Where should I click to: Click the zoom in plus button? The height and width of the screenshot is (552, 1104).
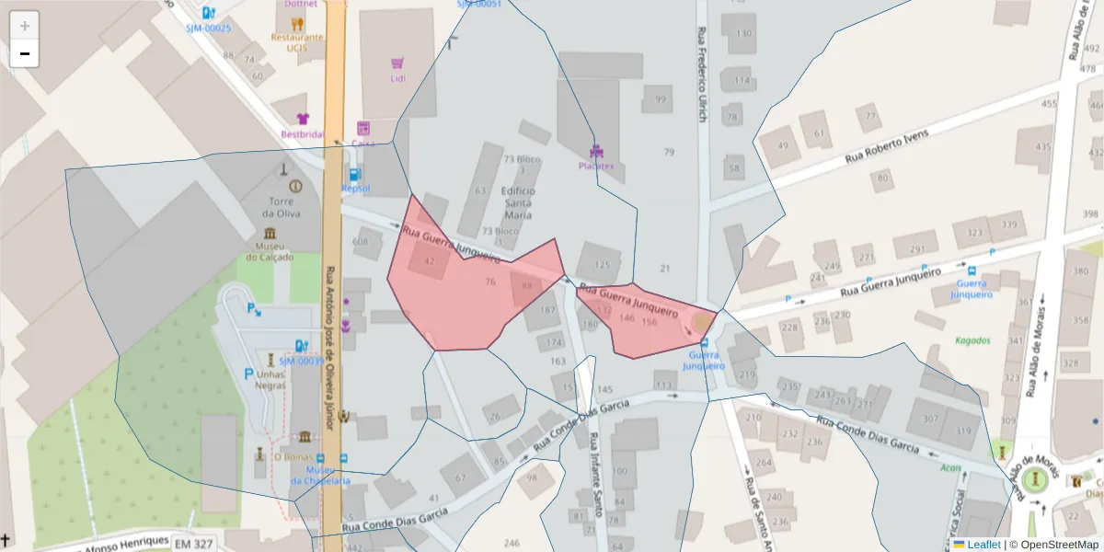(x=25, y=26)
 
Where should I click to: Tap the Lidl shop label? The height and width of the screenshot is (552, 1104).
(x=397, y=78)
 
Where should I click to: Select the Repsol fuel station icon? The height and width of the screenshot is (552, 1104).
(x=355, y=174)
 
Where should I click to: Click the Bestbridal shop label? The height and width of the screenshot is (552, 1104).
(x=303, y=133)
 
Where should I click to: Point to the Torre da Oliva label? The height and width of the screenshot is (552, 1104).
(x=281, y=208)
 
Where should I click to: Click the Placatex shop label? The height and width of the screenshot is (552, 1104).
(x=596, y=166)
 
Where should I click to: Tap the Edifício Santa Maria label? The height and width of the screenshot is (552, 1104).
(x=518, y=202)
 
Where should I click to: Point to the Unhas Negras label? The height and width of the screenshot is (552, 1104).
(x=270, y=380)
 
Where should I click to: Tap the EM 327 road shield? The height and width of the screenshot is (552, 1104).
(x=193, y=544)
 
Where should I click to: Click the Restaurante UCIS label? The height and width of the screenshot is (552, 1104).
(x=296, y=42)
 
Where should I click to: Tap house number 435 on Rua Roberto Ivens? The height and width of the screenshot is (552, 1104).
(x=1042, y=146)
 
